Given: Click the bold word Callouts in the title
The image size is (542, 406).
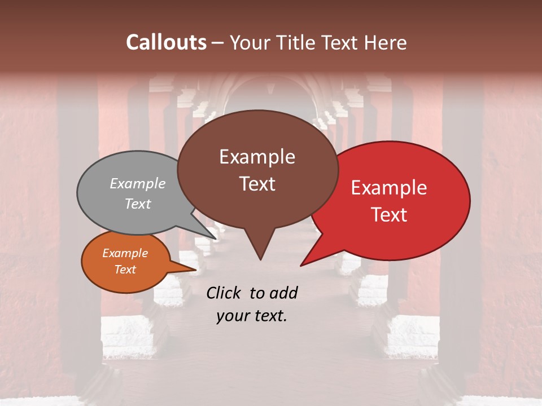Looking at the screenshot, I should (x=166, y=42).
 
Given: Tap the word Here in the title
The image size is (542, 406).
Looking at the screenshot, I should (x=386, y=42).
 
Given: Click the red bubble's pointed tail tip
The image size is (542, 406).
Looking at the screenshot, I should (x=301, y=265).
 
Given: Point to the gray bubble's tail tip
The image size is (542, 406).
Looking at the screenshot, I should (x=216, y=239).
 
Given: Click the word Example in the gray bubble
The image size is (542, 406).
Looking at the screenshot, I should (x=137, y=183).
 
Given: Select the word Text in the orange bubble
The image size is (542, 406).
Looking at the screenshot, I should (x=125, y=270).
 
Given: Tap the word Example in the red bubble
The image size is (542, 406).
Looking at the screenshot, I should (x=389, y=188).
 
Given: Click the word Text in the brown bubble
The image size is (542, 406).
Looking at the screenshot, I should (x=257, y=184).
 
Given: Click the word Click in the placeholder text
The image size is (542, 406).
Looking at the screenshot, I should (x=224, y=293).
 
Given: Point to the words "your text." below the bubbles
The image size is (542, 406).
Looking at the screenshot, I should (x=252, y=316).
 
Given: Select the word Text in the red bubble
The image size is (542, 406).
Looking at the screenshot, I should (x=390, y=215).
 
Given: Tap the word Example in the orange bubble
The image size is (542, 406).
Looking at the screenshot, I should (x=125, y=253).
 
